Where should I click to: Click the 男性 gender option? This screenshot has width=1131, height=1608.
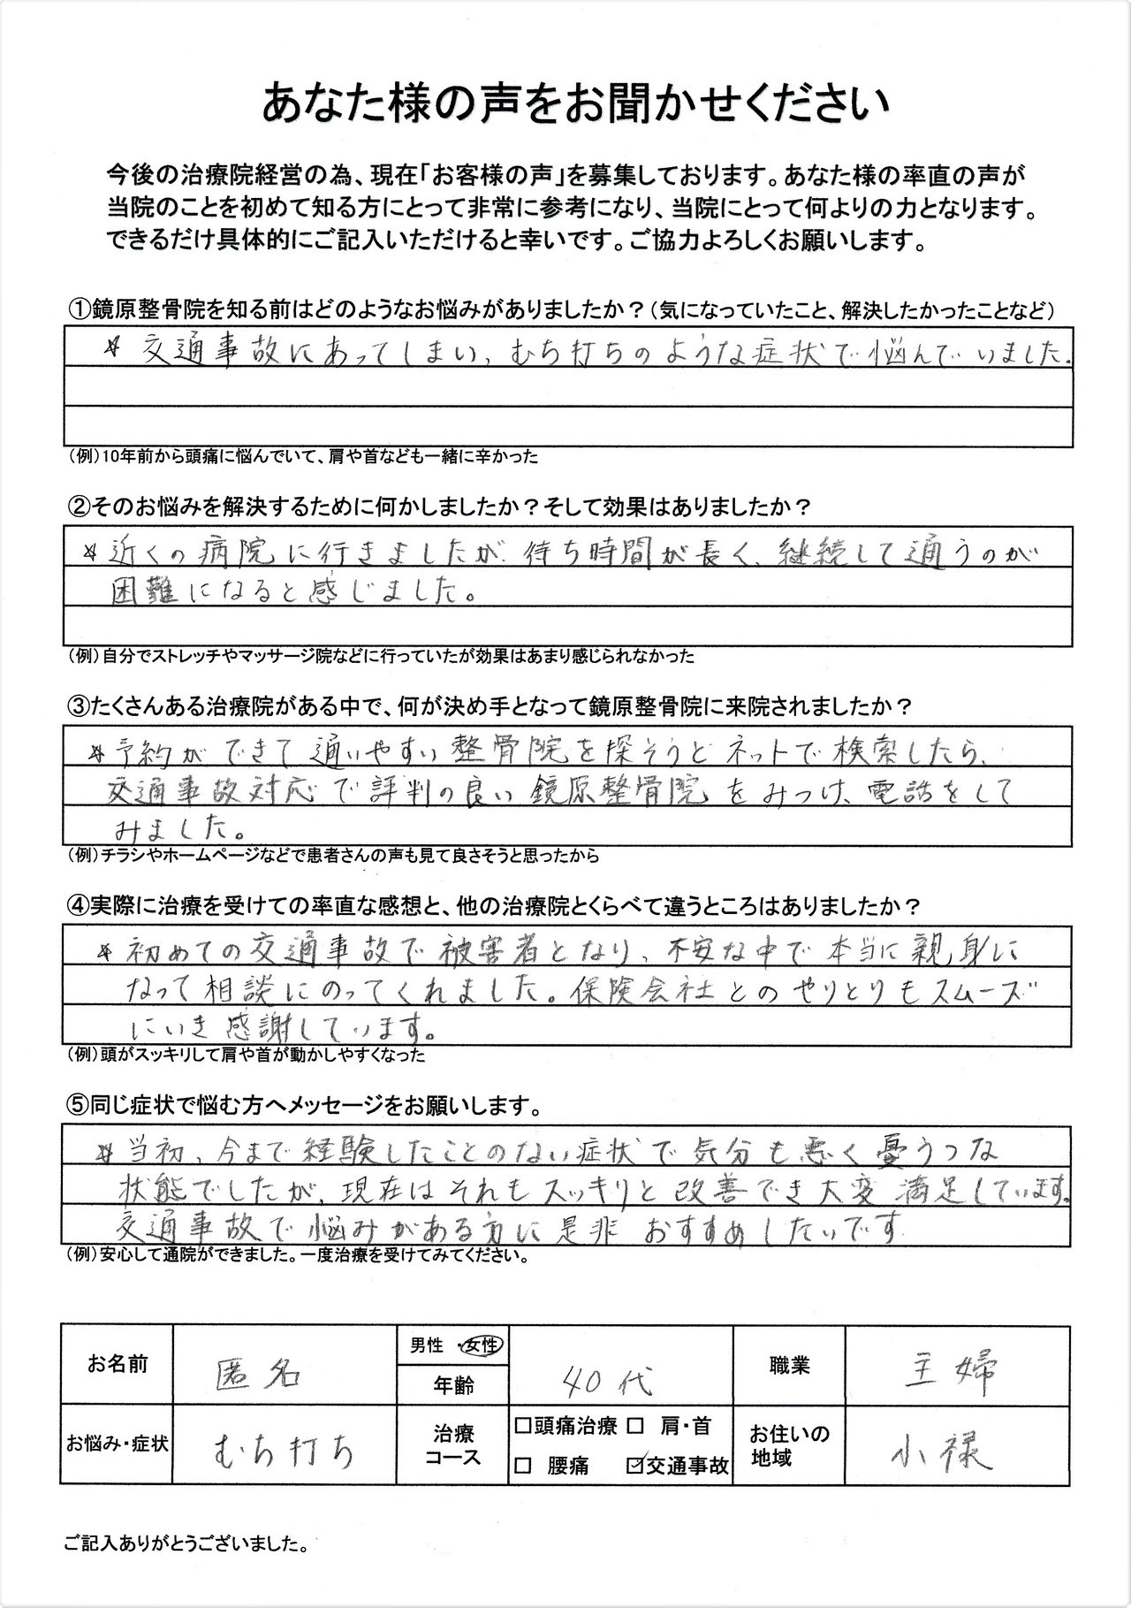tap(427, 1345)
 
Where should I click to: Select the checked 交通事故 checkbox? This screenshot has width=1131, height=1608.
tap(634, 1466)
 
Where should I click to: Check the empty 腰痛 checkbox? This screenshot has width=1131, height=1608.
tap(522, 1466)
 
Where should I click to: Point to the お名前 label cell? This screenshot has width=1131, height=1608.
tap(118, 1364)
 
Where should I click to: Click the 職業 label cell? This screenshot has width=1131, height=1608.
tap(788, 1366)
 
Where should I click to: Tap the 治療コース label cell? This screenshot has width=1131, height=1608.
tap(453, 1445)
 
